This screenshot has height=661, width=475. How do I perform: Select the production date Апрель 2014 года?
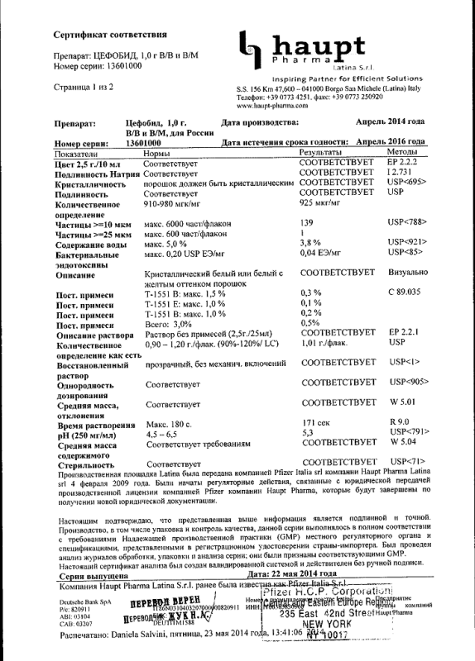pos(390,121)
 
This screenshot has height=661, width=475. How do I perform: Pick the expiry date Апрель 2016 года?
pos(386,142)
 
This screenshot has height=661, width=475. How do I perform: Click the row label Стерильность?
pos(87,465)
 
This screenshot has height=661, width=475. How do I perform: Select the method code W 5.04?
pos(401,444)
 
